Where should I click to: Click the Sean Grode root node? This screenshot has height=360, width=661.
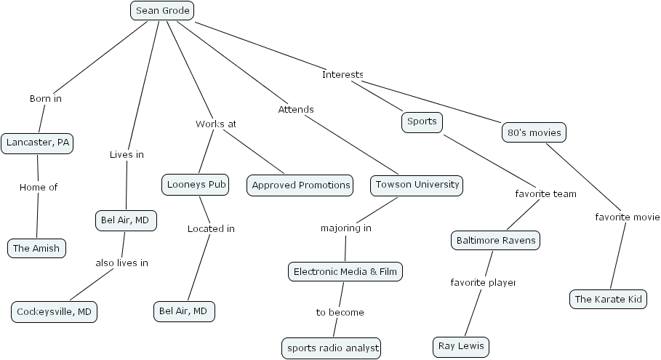coord(162,11)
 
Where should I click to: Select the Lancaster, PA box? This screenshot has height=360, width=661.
coord(38,143)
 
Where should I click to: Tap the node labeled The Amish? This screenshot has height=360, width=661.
coord(36,248)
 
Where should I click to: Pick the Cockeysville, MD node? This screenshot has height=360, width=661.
coord(55,312)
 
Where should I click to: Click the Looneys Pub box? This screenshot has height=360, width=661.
coord(195,185)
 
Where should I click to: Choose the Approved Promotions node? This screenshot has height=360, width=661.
coord(300,185)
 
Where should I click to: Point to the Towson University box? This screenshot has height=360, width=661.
coord(417,185)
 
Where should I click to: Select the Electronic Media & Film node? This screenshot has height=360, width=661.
coord(345,272)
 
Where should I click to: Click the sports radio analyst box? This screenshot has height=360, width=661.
coord(332,348)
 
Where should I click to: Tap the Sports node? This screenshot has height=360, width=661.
coord(422,121)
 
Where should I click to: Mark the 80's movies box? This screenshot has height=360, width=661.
coord(533,133)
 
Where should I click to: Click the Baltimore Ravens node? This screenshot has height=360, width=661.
coord(496,240)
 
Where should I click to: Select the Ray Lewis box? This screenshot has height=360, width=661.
coord(461,347)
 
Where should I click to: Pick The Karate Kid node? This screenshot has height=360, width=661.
coord(608,299)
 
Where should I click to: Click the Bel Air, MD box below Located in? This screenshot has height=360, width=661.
coord(184,311)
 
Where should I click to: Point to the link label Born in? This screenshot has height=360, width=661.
coord(46,98)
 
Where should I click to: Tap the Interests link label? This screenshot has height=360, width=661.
coord(342,74)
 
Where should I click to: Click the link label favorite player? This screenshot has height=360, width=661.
coord(483,282)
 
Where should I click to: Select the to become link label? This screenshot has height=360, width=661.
coord(340,312)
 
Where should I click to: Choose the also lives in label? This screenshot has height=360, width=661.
coord(121,263)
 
